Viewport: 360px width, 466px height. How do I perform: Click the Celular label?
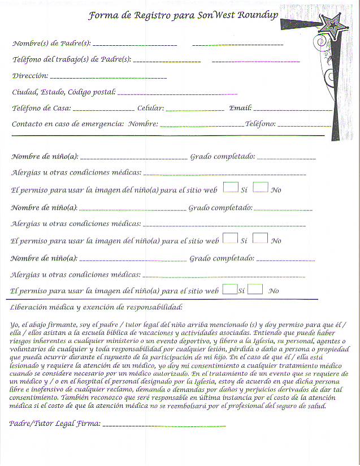coord(150,108)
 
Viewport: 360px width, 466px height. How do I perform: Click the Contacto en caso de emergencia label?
coord(67,123)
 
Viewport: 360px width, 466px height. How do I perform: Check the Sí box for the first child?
coord(230,187)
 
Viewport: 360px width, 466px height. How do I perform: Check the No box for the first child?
coord(260,187)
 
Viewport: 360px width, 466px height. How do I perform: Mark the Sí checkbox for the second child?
coord(230,238)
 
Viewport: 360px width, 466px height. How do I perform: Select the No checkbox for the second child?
coord(260,238)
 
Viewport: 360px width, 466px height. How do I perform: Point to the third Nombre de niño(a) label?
coord(44,258)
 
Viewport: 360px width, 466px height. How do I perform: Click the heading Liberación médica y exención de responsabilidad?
coord(96,308)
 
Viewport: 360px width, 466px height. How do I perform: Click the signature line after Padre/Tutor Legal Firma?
coord(164,424)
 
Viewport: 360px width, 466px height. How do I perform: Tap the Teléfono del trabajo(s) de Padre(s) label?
coord(71,59)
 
